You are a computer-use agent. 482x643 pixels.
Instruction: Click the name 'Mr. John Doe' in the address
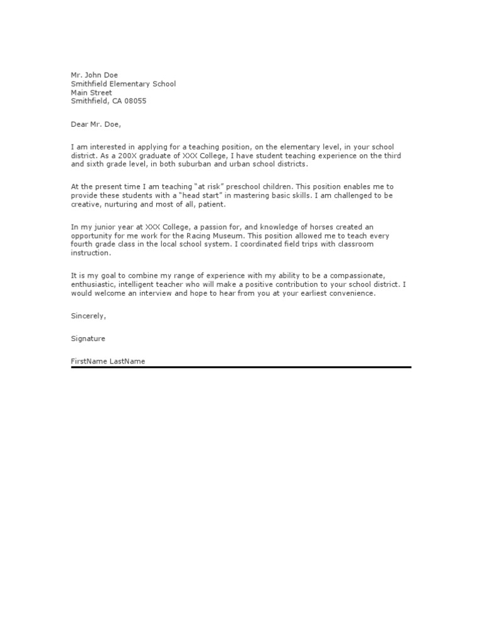point(94,75)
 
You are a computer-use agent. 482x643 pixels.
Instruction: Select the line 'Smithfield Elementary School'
point(124,84)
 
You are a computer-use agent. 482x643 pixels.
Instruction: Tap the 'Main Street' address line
point(92,92)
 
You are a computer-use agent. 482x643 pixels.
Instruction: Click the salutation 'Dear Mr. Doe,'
point(95,124)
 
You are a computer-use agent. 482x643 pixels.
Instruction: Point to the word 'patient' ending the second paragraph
point(210,205)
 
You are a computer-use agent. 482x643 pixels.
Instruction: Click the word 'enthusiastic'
point(94,284)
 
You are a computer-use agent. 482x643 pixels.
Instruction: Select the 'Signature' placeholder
point(88,338)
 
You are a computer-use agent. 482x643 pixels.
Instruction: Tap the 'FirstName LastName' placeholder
point(108,361)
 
